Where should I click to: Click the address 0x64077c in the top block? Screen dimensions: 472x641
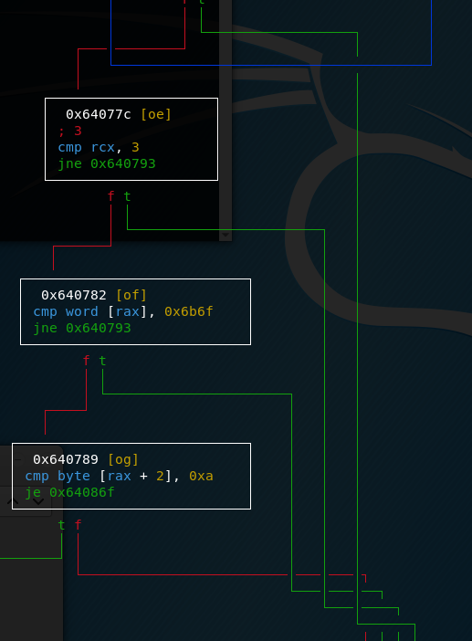99,114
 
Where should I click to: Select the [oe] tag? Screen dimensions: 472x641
156,114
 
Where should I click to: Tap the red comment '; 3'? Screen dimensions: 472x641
70,131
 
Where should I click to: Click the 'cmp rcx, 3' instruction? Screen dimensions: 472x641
99,147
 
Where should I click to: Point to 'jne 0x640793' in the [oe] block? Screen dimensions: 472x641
107,164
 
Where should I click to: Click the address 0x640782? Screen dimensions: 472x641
74,295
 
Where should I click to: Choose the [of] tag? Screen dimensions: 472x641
131,295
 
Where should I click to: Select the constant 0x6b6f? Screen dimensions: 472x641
189,311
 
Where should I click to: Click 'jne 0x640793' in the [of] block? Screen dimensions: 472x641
82,329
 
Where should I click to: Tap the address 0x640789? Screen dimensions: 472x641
66,459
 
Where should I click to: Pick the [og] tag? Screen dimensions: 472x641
123,459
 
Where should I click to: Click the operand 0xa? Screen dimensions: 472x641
201,476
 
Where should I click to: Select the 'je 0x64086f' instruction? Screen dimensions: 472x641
70,492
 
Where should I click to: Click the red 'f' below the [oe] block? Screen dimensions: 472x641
110,196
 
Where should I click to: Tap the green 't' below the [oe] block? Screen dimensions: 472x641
127,196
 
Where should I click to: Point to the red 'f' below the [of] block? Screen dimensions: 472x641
86,361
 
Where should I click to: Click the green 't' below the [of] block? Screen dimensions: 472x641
102,361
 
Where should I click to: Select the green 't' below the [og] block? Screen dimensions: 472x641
62,525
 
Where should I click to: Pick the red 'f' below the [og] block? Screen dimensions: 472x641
78,525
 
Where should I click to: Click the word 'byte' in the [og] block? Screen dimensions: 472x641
74,476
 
